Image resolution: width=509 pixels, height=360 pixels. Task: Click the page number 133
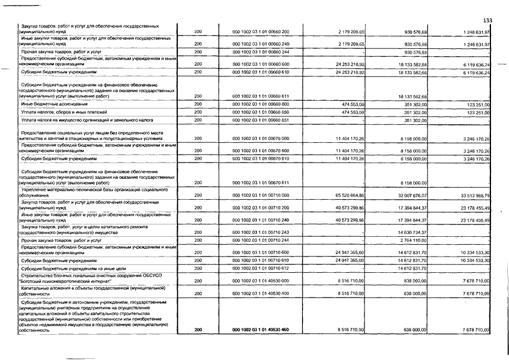488,21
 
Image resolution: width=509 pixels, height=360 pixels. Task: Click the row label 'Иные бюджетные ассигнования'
55,104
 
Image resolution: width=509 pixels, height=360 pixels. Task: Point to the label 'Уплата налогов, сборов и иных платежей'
66,112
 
